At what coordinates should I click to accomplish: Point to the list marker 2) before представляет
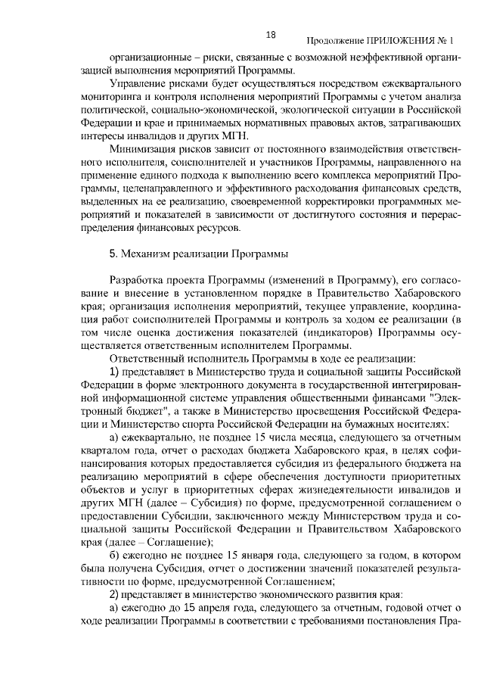[116, 596]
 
